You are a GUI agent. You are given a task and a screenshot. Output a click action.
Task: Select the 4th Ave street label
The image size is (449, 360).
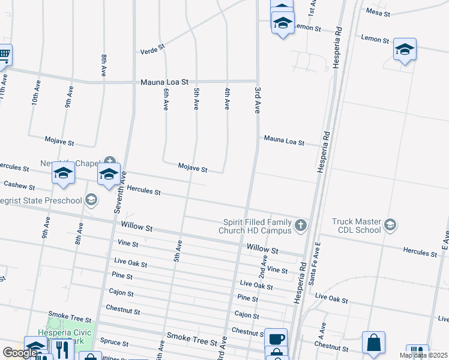(227, 98)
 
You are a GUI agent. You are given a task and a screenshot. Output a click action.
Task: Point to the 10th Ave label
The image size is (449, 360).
(35, 95)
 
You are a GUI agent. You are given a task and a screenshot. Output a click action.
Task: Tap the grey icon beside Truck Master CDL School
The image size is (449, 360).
(390, 225)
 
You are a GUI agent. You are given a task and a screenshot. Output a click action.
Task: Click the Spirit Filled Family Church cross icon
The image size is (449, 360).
(301, 226)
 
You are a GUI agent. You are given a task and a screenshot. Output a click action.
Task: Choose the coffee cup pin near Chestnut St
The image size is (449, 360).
(276, 338)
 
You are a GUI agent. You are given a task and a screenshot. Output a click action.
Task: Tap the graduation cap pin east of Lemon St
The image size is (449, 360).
(405, 50)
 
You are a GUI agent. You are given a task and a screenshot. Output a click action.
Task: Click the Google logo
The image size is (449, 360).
(20, 353)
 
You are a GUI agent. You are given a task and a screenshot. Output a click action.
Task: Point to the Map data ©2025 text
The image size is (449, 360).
(423, 355)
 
